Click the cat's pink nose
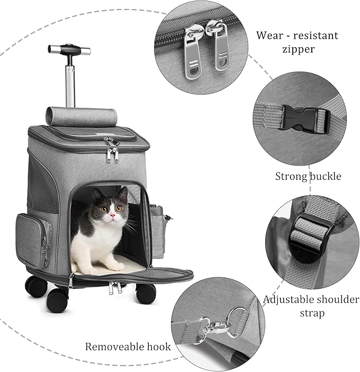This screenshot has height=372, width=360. pyautogui.click(x=112, y=218)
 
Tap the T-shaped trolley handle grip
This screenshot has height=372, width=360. pyautogui.click(x=69, y=49)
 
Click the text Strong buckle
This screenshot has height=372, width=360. pyautogui.click(x=308, y=176)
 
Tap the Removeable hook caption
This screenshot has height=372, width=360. pyautogui.click(x=128, y=347)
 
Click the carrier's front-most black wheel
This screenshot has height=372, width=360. pyautogui.click(x=57, y=300)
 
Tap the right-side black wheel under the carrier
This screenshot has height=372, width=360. pyautogui.click(x=145, y=292)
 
